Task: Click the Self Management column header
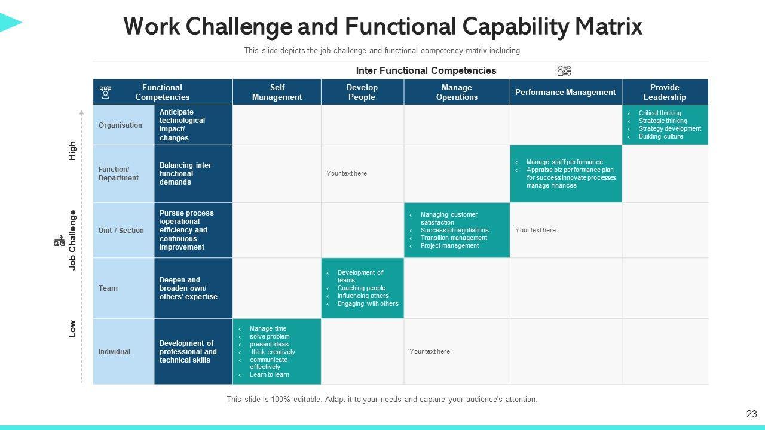277,92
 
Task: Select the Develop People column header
362,92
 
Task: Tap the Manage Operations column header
457,92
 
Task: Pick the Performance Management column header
565,92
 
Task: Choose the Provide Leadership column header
665,92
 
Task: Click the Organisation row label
121,125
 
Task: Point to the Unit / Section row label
121,230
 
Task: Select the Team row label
108,288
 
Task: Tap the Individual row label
114,351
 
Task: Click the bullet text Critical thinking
660,113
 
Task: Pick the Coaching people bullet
361,288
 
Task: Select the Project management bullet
449,245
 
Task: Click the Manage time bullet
268,328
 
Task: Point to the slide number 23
751,414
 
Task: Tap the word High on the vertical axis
72,150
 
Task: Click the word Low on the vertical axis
72,328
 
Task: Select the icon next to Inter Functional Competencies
564,71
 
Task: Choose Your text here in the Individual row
430,351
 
